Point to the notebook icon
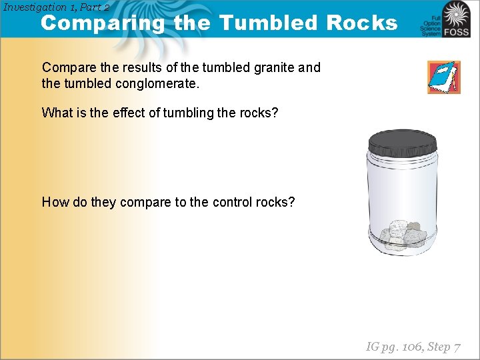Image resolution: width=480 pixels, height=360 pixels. point(443,77)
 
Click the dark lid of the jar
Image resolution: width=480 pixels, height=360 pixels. point(403,141)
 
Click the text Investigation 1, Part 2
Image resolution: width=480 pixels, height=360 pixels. point(56,7)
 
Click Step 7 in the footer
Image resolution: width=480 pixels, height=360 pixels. point(443,347)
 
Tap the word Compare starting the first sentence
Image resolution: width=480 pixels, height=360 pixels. point(68,67)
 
